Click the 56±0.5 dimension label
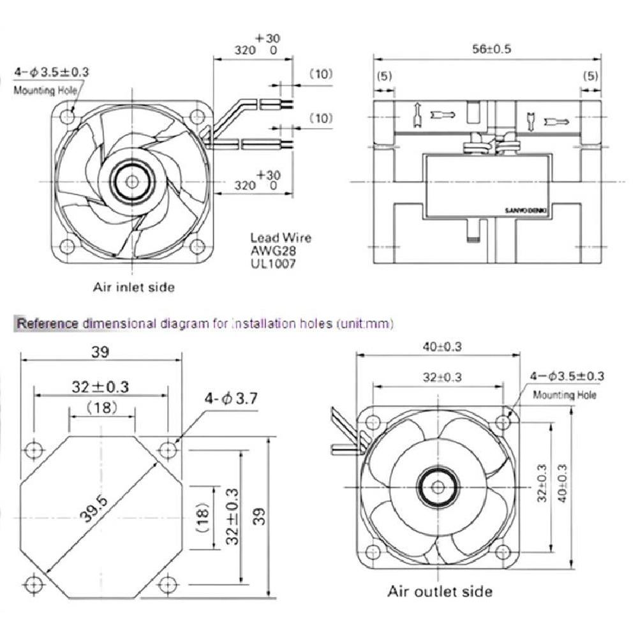[x=491, y=48]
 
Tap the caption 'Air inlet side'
[x=134, y=287]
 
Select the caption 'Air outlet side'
[x=440, y=591]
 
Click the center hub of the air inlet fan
[x=132, y=181]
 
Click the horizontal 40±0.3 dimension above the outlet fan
[x=440, y=347]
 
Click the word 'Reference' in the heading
[x=48, y=323]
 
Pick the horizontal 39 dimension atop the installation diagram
[x=101, y=352]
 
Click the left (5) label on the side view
[x=385, y=76]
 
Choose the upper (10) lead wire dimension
[x=321, y=74]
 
